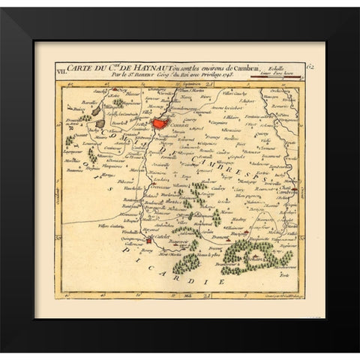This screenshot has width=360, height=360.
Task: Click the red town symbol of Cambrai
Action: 160,119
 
